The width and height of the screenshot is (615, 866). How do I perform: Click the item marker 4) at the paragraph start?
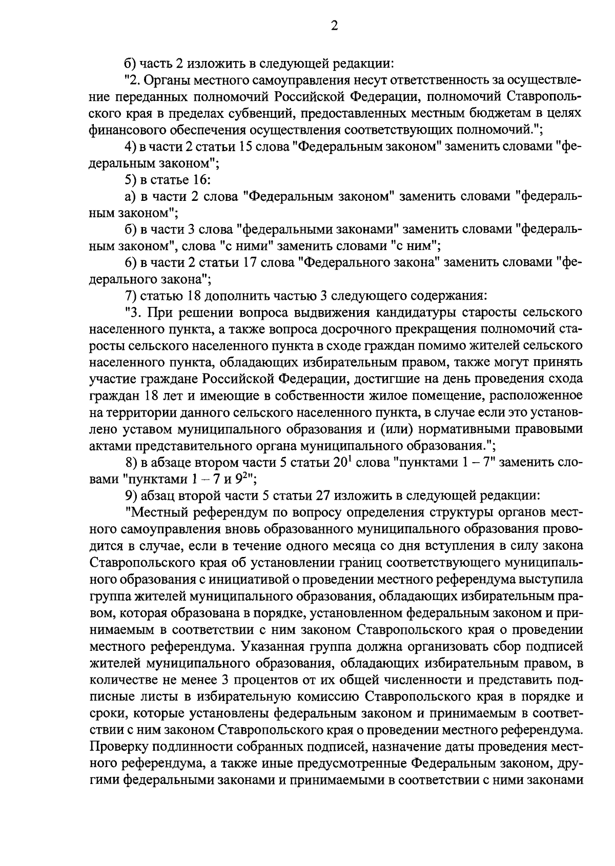click(x=131, y=147)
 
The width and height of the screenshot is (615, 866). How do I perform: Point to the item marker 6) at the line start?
click(x=131, y=263)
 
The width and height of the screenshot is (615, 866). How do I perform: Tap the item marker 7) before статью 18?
click(x=131, y=296)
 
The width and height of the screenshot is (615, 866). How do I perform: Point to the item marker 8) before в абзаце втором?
click(x=131, y=463)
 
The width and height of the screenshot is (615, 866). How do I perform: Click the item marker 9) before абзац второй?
click(x=131, y=496)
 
